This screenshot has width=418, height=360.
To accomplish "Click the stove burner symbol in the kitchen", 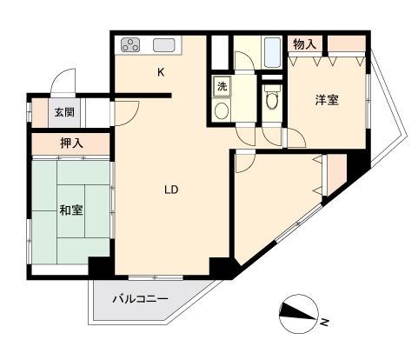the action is click(130, 45).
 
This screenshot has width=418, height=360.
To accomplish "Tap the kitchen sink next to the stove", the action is click(164, 45).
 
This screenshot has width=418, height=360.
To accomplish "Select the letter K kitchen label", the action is click(161, 72).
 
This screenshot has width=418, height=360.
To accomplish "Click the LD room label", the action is click(171, 190).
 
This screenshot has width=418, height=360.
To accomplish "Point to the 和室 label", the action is click(71, 210).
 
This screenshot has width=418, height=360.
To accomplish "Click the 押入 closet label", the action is click(71, 143).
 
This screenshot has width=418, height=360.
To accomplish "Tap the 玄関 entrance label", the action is click(64, 112).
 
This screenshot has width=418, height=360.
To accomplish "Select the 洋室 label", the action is click(327, 100).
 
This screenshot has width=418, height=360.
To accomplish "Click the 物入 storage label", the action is click(304, 44).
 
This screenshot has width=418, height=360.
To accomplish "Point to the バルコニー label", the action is click(140, 299).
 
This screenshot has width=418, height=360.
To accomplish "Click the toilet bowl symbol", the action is click(271, 98).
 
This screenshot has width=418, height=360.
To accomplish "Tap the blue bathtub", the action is click(272, 52).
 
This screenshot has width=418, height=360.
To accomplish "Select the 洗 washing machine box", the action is click(222, 86).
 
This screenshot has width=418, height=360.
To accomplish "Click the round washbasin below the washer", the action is click(222, 110).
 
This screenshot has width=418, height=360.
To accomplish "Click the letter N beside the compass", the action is click(324, 322).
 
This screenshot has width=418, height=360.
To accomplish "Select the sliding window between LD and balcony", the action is click(156, 277).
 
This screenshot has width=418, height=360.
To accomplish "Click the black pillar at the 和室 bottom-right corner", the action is click(98, 266).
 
